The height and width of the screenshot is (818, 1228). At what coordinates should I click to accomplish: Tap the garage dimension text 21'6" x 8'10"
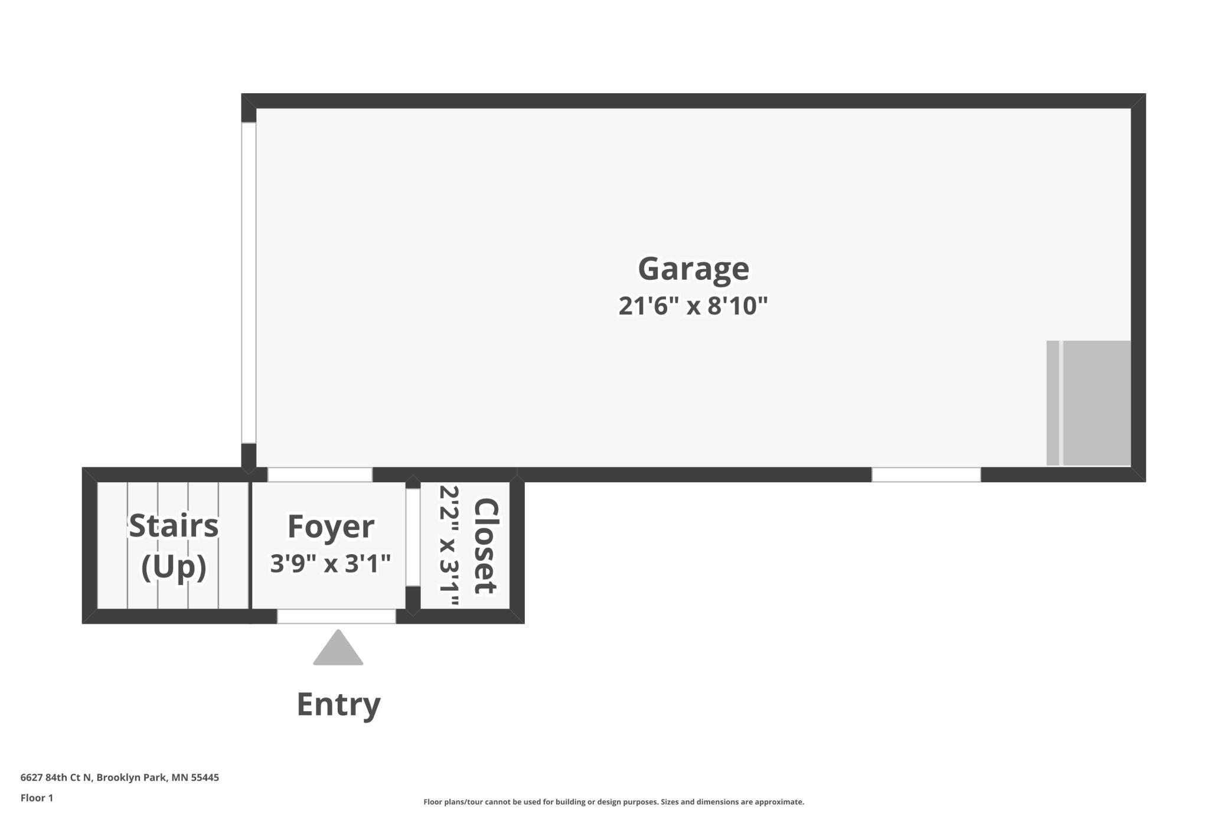tap(693, 306)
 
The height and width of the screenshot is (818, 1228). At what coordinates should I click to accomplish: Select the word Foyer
tap(331, 526)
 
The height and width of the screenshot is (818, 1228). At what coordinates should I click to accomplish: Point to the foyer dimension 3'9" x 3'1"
tap(331, 563)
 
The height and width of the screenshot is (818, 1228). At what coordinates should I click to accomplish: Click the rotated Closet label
tap(486, 546)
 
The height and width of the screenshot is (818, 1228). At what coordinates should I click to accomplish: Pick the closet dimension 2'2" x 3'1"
tap(449, 547)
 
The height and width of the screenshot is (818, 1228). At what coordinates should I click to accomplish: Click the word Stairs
tap(174, 525)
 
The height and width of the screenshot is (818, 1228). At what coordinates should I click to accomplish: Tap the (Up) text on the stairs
tap(174, 567)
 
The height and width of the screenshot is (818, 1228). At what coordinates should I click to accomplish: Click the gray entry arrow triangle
tap(338, 647)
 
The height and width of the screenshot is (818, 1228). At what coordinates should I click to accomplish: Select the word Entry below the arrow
tap(338, 705)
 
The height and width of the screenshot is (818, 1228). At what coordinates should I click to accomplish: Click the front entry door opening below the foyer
tap(337, 616)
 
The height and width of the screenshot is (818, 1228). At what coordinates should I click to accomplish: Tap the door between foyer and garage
tap(320, 475)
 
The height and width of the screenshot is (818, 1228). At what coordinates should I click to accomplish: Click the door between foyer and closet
tap(413, 538)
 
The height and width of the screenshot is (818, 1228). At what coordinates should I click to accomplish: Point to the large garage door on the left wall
tap(249, 283)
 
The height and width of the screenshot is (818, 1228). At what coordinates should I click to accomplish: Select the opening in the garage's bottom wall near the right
tap(926, 475)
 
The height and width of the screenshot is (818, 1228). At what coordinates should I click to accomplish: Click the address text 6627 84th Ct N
tap(56, 777)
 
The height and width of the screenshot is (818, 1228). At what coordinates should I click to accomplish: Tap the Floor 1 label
tap(37, 798)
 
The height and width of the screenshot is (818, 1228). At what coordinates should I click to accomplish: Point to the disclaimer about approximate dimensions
tap(613, 801)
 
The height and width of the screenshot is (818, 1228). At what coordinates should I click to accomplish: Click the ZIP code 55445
tap(205, 777)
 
